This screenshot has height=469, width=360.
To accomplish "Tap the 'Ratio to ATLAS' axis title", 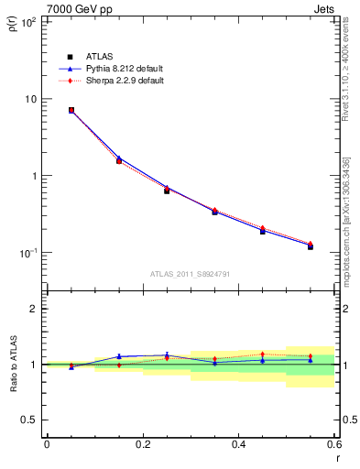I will coord(14,365).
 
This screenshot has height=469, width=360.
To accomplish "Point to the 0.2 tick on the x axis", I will coord(142,445).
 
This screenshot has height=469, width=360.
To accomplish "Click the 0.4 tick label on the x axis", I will coord(238,445).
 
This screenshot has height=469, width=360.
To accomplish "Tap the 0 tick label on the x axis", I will coord(47,445).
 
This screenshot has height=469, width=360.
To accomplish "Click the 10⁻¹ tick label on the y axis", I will coord(27,253).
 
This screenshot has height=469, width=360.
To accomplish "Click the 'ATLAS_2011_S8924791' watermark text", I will coord(190,274).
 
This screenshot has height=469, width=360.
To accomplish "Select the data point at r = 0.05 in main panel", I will coord(71,110).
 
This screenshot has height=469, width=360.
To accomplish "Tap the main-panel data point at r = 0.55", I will coord(311,246).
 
